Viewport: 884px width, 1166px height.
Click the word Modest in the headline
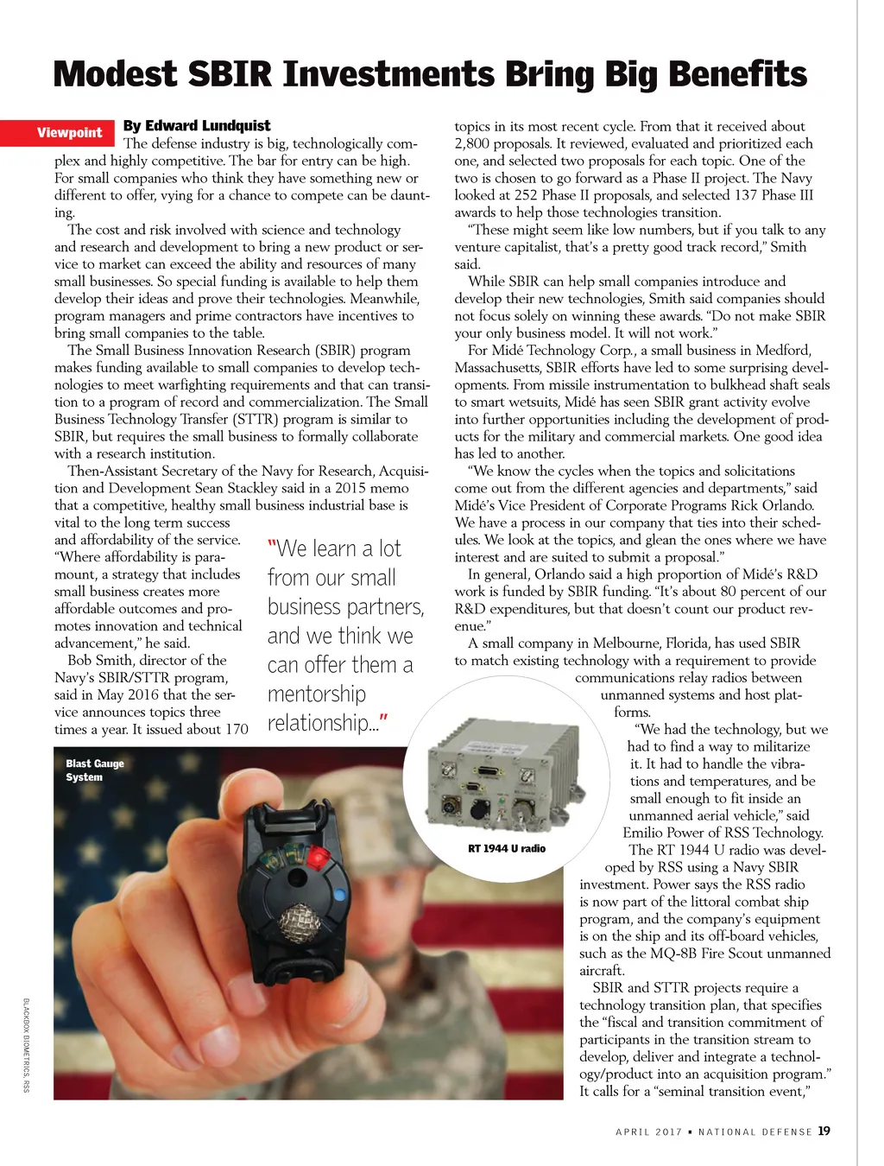click(x=116, y=75)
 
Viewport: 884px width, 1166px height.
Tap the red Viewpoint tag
click(x=69, y=133)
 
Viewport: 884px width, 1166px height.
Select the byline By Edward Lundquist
click(x=197, y=126)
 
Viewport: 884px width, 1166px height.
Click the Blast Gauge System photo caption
click(x=95, y=770)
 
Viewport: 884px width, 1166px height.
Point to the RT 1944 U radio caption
click(x=507, y=848)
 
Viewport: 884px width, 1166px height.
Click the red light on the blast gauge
click(x=319, y=856)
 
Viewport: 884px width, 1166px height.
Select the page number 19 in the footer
click(x=824, y=1131)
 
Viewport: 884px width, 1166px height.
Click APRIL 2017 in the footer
click(x=648, y=1131)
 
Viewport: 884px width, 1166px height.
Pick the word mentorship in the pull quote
click(x=317, y=694)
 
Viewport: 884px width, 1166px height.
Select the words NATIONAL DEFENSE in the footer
click(x=755, y=1131)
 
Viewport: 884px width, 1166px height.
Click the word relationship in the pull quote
click(x=319, y=724)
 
